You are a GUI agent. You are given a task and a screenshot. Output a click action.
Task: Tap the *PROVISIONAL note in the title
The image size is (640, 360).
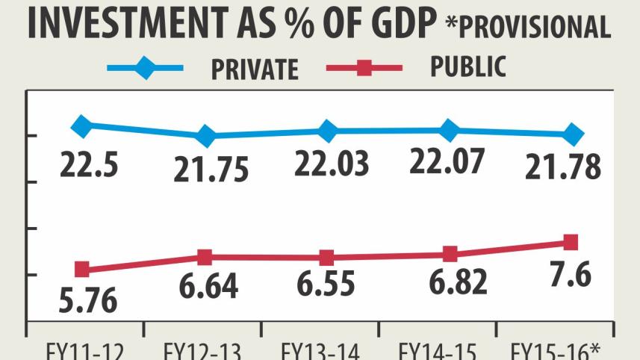[529, 26]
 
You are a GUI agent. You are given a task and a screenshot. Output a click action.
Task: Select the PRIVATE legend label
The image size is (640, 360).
[255, 69]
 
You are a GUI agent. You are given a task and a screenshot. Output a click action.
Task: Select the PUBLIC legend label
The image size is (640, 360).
[467, 67]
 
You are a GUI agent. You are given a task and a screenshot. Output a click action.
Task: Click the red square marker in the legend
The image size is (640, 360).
[364, 69]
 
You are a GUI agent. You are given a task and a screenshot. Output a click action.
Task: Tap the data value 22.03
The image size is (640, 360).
[332, 164]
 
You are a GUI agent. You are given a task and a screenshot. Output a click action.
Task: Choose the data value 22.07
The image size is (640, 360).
[448, 162]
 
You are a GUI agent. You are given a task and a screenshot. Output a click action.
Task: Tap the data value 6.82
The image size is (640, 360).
[450, 282]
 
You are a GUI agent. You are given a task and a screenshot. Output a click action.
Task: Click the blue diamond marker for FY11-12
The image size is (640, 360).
[82, 126]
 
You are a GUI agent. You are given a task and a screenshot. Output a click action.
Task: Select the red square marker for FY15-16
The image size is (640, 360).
[571, 242]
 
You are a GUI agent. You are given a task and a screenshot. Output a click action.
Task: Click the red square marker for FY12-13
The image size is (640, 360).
[205, 257]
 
